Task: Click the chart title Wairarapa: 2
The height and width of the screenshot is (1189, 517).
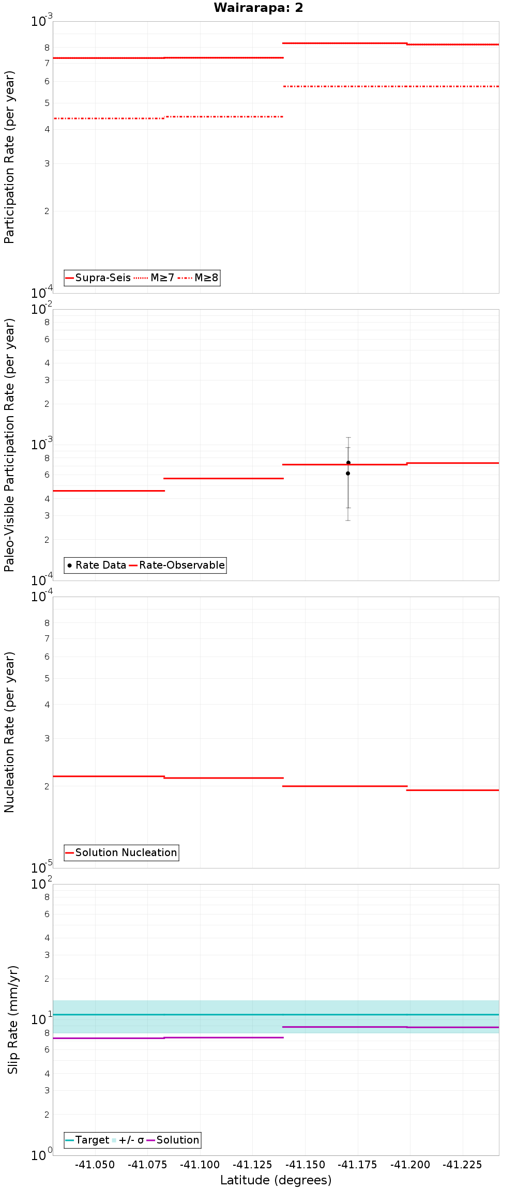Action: [258, 8]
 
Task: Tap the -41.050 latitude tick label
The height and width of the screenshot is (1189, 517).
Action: [95, 1165]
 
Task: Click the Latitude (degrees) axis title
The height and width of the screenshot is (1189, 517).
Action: [276, 1180]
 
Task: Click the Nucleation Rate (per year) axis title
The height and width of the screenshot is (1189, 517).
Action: [9, 732]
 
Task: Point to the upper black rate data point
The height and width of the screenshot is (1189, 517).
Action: [348, 463]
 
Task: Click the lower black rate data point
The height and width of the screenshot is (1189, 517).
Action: [348, 474]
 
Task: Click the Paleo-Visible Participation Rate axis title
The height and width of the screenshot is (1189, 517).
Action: [9, 445]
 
